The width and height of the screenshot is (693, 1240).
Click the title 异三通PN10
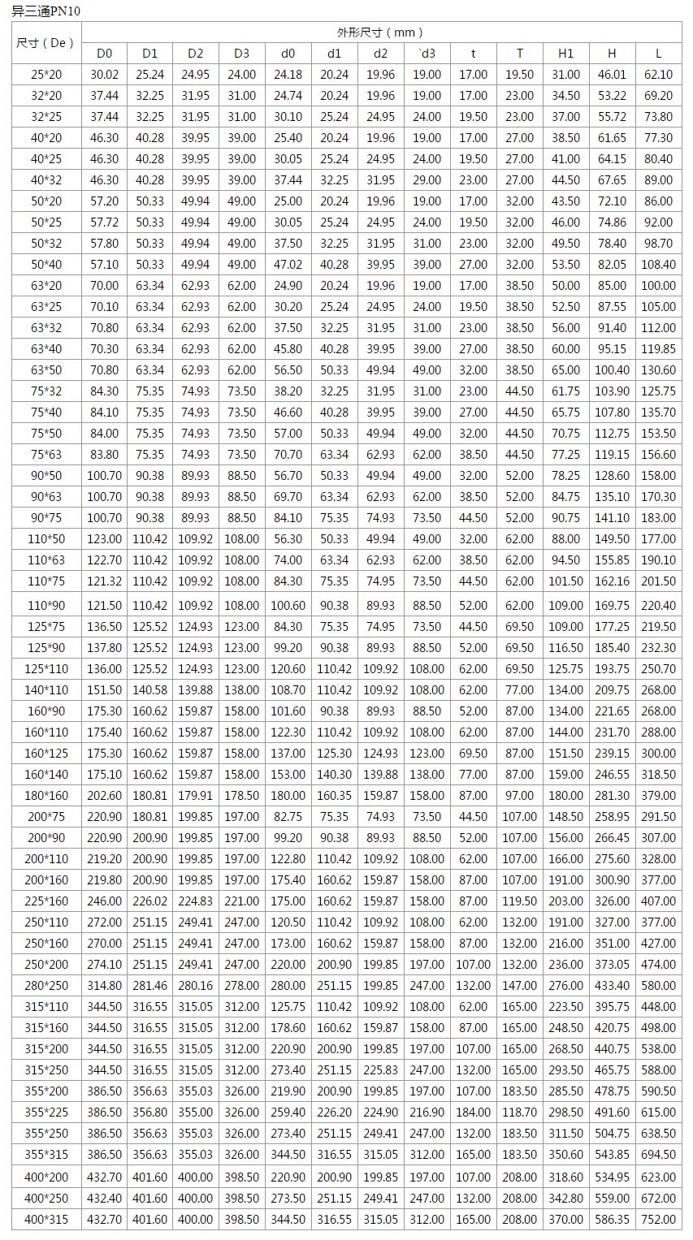(46, 11)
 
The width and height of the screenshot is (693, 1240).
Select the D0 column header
(104, 54)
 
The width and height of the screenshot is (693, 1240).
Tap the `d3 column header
(427, 54)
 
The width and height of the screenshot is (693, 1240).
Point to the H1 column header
(565, 54)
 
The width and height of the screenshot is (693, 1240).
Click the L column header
(658, 54)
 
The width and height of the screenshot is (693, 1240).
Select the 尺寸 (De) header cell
(45, 42)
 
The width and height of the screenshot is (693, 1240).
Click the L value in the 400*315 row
(658, 1219)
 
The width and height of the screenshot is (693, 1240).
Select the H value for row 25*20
(612, 75)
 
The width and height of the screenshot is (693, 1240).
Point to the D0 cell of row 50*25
(104, 223)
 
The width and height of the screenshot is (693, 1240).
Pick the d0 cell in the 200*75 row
(288, 817)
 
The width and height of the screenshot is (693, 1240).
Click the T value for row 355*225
(519, 1113)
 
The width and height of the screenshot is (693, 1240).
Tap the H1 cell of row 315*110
(565, 1007)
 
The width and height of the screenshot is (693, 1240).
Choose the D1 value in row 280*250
(149, 986)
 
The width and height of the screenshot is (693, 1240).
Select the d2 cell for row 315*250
(380, 1070)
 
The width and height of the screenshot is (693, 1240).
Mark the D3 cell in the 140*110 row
(241, 690)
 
